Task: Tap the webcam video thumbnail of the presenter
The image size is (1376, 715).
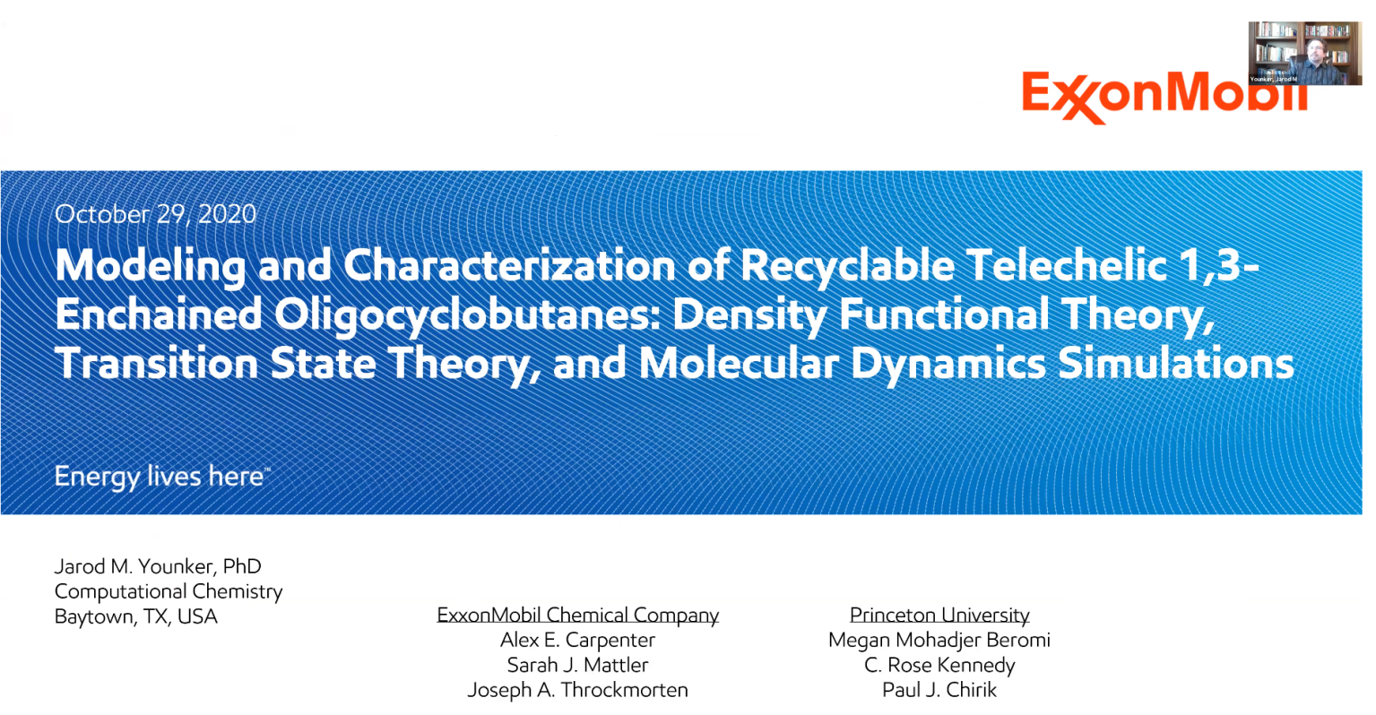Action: pyautogui.click(x=1305, y=53)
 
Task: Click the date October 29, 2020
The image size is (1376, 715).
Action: pyautogui.click(x=155, y=214)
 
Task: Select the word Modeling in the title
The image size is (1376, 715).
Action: pyautogui.click(x=150, y=266)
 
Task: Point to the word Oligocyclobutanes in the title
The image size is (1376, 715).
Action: pyautogui.click(x=467, y=315)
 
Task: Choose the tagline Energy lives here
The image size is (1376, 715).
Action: pyautogui.click(x=162, y=477)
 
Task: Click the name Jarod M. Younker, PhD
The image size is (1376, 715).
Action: pyautogui.click(x=158, y=566)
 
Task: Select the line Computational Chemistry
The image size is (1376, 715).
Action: pyautogui.click(x=169, y=591)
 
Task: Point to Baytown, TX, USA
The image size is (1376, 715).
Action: pyautogui.click(x=135, y=616)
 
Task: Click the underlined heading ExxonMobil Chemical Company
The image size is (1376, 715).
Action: pyautogui.click(x=577, y=615)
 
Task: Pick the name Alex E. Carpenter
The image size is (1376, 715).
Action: pyautogui.click(x=577, y=640)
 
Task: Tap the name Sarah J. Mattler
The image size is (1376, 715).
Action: pyautogui.click(x=577, y=665)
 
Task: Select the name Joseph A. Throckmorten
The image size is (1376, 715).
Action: pyautogui.click(x=577, y=690)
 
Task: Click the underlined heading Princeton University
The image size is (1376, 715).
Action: pyautogui.click(x=939, y=615)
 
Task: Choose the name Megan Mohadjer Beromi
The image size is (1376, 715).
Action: pyautogui.click(x=939, y=640)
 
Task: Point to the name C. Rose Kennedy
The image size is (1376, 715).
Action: pyautogui.click(x=939, y=665)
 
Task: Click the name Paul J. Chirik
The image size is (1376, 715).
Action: pyautogui.click(x=939, y=690)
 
